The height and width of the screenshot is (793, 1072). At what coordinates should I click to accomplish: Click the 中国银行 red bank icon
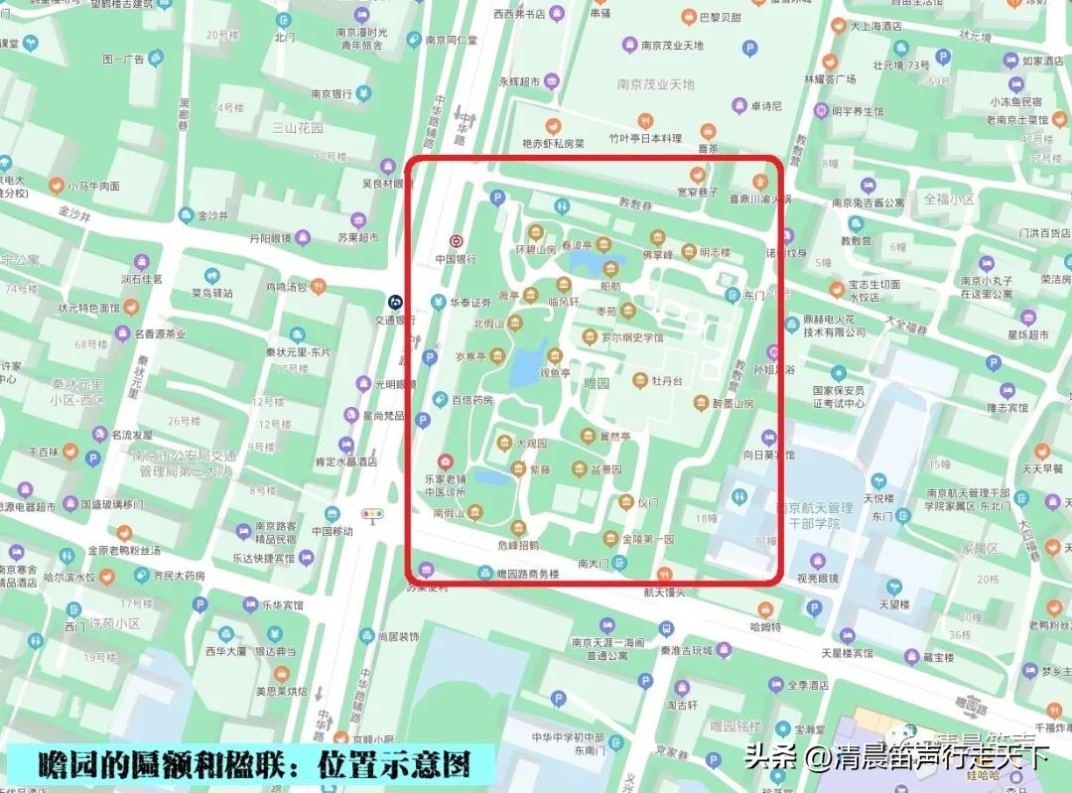[457, 240]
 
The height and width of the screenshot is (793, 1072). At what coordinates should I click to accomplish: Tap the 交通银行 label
[395, 320]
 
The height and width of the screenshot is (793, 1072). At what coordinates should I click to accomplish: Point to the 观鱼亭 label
[555, 374]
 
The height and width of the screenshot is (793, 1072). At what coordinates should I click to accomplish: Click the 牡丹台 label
[667, 381]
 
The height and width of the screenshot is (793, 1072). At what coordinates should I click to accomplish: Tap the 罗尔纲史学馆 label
[632, 337]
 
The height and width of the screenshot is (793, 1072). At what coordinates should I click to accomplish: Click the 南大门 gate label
[594, 564]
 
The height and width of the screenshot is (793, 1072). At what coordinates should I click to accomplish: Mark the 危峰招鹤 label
[518, 545]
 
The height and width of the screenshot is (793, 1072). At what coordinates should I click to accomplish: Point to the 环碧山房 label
[535, 249]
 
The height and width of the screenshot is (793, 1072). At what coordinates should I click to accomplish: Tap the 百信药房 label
[472, 400]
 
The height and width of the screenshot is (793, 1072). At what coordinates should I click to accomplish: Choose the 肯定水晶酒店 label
[345, 462]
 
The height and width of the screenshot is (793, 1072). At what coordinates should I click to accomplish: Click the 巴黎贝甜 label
[720, 18]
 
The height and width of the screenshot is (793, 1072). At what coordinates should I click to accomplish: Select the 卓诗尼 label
[766, 105]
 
